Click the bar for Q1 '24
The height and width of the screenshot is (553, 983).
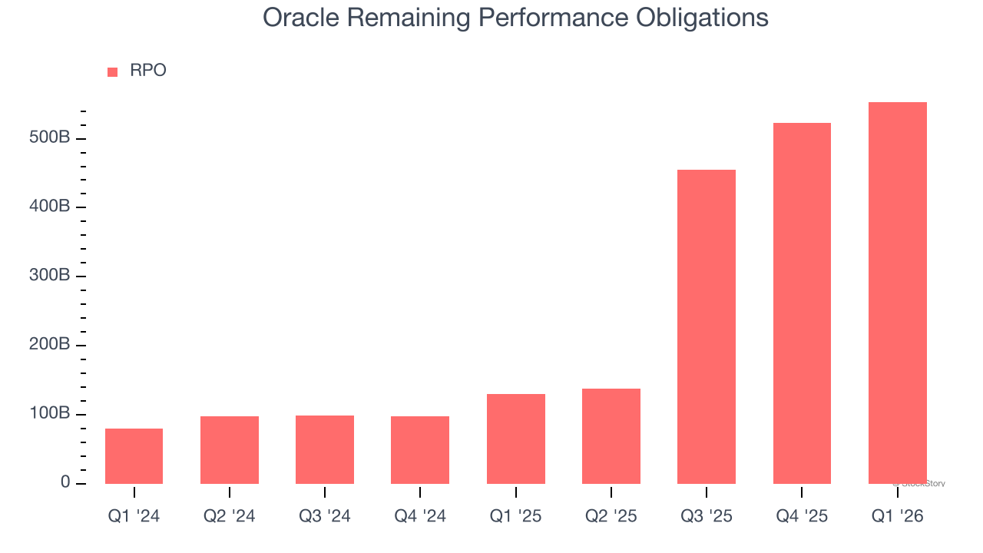pyautogui.click(x=134, y=456)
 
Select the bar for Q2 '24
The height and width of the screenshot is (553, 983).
pyautogui.click(x=230, y=450)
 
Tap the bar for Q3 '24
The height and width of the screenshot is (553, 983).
pyautogui.click(x=325, y=449)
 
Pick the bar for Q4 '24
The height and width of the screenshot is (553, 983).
pyautogui.click(x=420, y=450)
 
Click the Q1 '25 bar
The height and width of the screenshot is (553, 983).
pyautogui.click(x=516, y=439)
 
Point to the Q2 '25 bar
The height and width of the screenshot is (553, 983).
pyautogui.click(x=611, y=436)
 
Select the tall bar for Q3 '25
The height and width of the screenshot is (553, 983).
pyautogui.click(x=707, y=326)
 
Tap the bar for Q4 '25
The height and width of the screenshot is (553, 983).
pyautogui.click(x=802, y=303)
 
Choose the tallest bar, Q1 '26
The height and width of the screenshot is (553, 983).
pyautogui.click(x=897, y=293)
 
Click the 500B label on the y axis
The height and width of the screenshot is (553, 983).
pyautogui.click(x=50, y=138)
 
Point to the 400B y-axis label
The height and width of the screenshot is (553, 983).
pyautogui.click(x=50, y=207)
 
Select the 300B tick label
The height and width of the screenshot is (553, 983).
pyautogui.click(x=50, y=276)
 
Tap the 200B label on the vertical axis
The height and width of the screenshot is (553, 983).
pyautogui.click(x=50, y=345)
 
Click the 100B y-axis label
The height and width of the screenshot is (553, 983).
pyautogui.click(x=50, y=414)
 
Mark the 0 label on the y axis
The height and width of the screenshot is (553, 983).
pyautogui.click(x=65, y=483)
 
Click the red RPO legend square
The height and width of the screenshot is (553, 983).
pyautogui.click(x=113, y=71)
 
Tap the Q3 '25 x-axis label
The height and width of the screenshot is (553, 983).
pyautogui.click(x=707, y=516)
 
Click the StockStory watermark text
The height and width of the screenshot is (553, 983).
pyautogui.click(x=919, y=484)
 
